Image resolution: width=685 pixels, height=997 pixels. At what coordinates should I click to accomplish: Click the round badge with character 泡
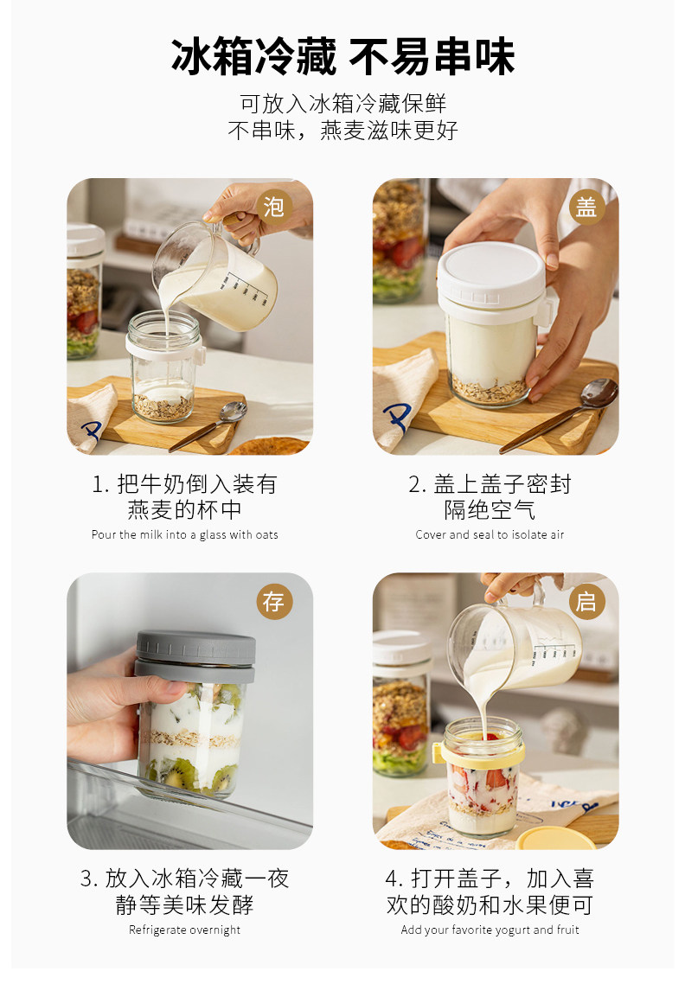tap(274, 207)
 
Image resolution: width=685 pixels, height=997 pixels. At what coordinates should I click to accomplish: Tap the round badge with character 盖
tap(586, 208)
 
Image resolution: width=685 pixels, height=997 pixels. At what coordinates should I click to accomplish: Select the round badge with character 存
tap(274, 601)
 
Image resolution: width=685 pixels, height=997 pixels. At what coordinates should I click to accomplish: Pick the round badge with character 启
tap(586, 601)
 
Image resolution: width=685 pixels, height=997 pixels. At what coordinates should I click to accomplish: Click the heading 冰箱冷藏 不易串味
tap(342, 56)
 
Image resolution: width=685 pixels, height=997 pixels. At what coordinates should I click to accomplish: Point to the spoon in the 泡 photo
tap(208, 425)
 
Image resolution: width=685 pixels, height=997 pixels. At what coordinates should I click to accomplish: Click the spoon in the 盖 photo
tap(560, 414)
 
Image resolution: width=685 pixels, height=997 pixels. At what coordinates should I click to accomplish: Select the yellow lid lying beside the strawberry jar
tap(556, 838)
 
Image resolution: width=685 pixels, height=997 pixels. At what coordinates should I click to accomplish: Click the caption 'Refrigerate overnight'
tap(184, 930)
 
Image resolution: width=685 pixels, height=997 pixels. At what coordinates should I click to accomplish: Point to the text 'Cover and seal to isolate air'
tap(490, 534)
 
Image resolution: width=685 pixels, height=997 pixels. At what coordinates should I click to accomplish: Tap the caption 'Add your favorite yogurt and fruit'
tap(490, 930)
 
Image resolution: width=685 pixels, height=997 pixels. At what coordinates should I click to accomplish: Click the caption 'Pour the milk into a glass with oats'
tap(184, 534)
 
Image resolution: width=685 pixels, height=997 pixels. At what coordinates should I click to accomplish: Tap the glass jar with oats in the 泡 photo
tap(164, 367)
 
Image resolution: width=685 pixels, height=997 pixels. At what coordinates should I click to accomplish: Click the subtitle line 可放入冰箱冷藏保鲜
tap(342, 103)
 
